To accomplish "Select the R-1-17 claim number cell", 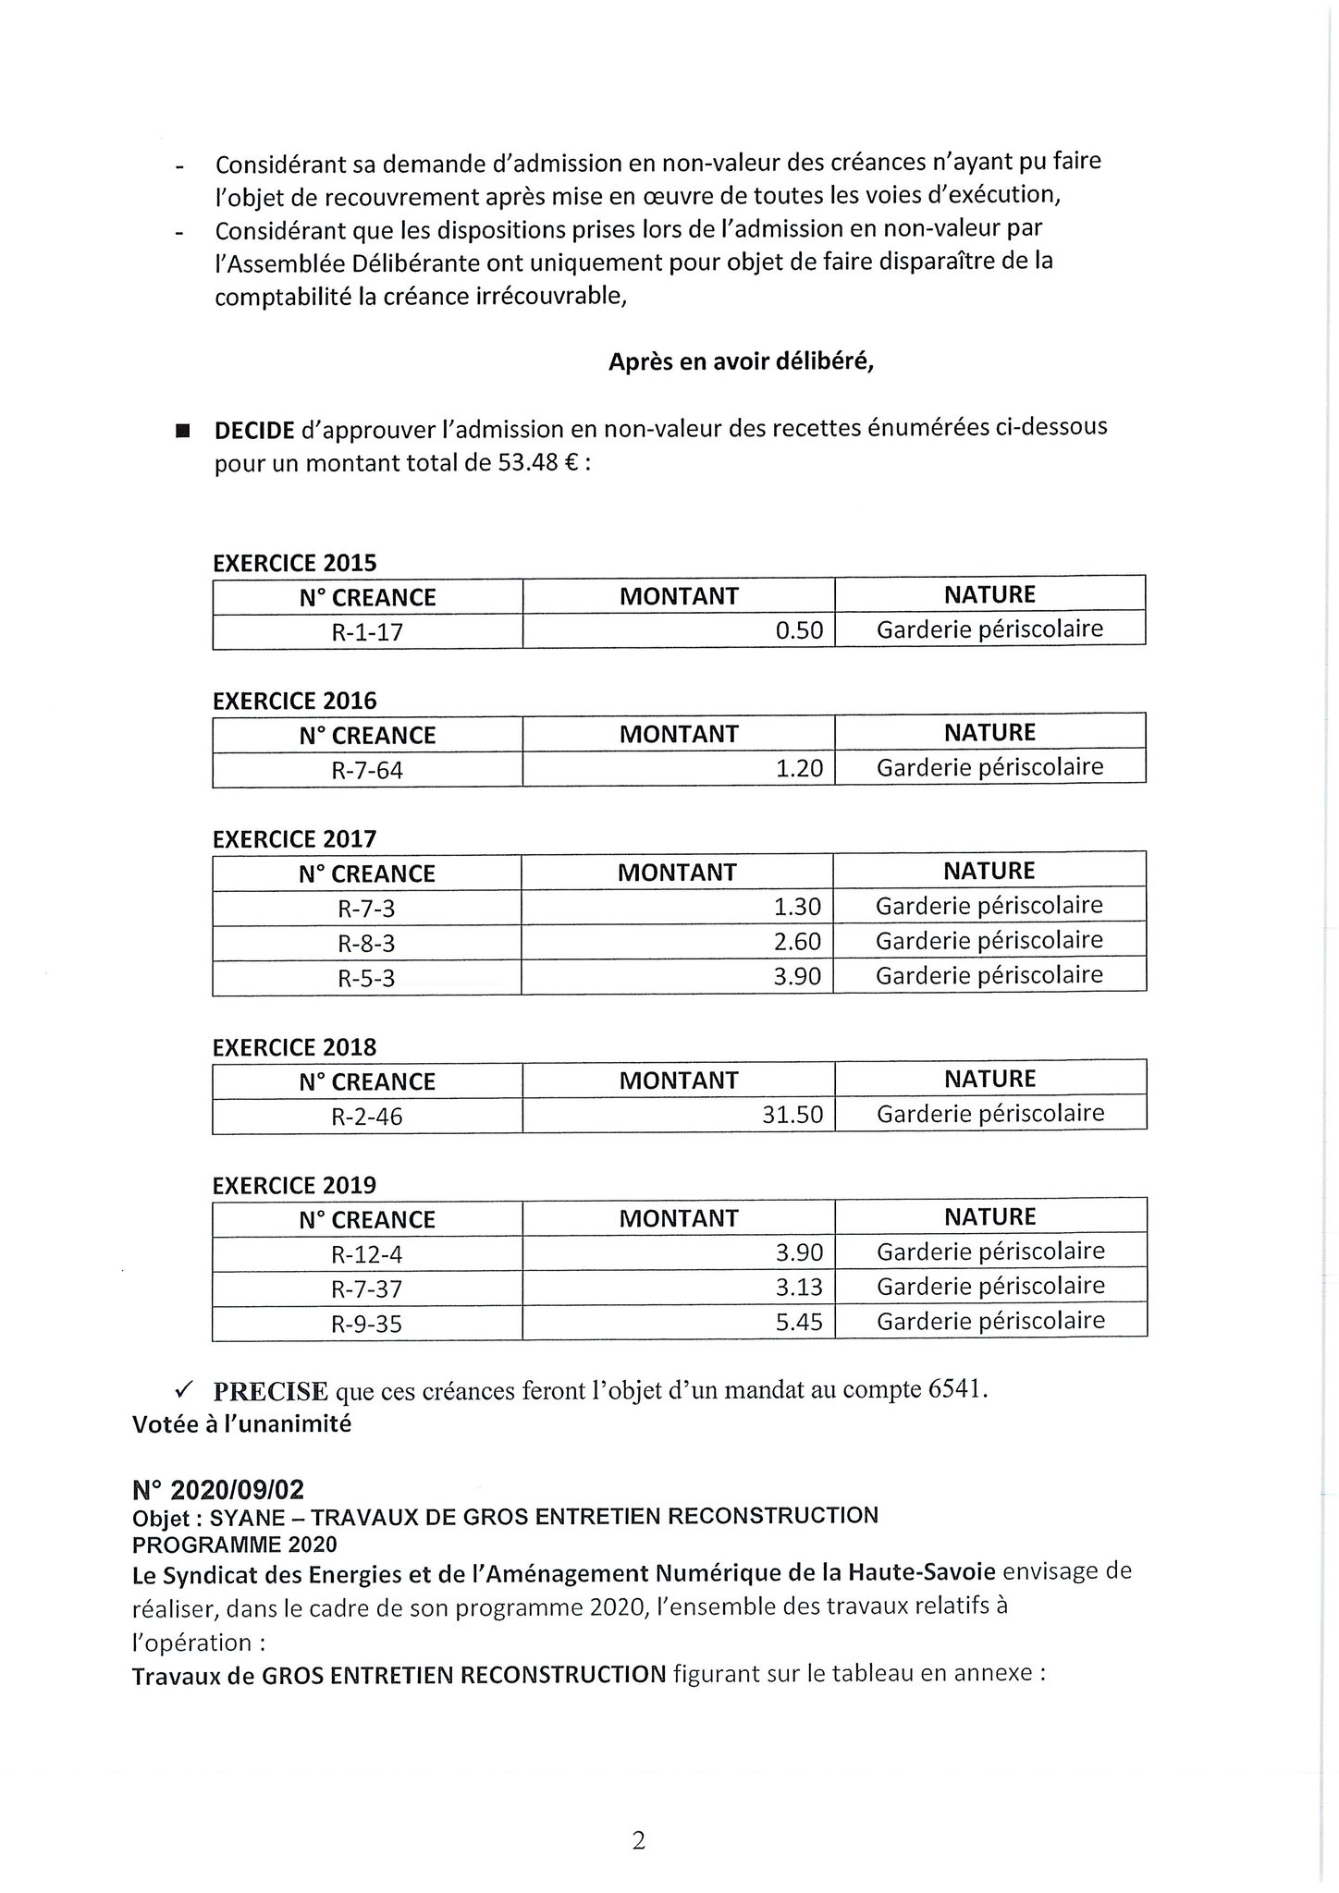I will click(x=367, y=632).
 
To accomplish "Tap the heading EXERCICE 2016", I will click(x=295, y=701).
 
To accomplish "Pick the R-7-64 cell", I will click(x=367, y=770).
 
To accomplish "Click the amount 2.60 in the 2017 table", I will click(x=797, y=942).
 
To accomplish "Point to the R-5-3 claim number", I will click(x=366, y=978).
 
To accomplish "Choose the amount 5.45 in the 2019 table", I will click(x=799, y=1322).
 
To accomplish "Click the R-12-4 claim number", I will click(x=367, y=1254).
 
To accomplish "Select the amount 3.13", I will click(x=799, y=1288).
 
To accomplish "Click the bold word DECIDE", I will click(x=254, y=430).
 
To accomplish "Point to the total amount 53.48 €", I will click(x=538, y=463).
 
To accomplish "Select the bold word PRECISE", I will click(x=270, y=1391).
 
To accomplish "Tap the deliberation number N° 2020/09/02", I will click(x=217, y=1490).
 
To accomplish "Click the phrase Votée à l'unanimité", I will click(x=241, y=1424).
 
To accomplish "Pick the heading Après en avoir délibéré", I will click(x=741, y=362).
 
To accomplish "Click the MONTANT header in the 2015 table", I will click(x=679, y=596).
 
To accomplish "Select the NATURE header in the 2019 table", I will click(x=989, y=1217).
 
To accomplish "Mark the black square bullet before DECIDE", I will click(x=181, y=431).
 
